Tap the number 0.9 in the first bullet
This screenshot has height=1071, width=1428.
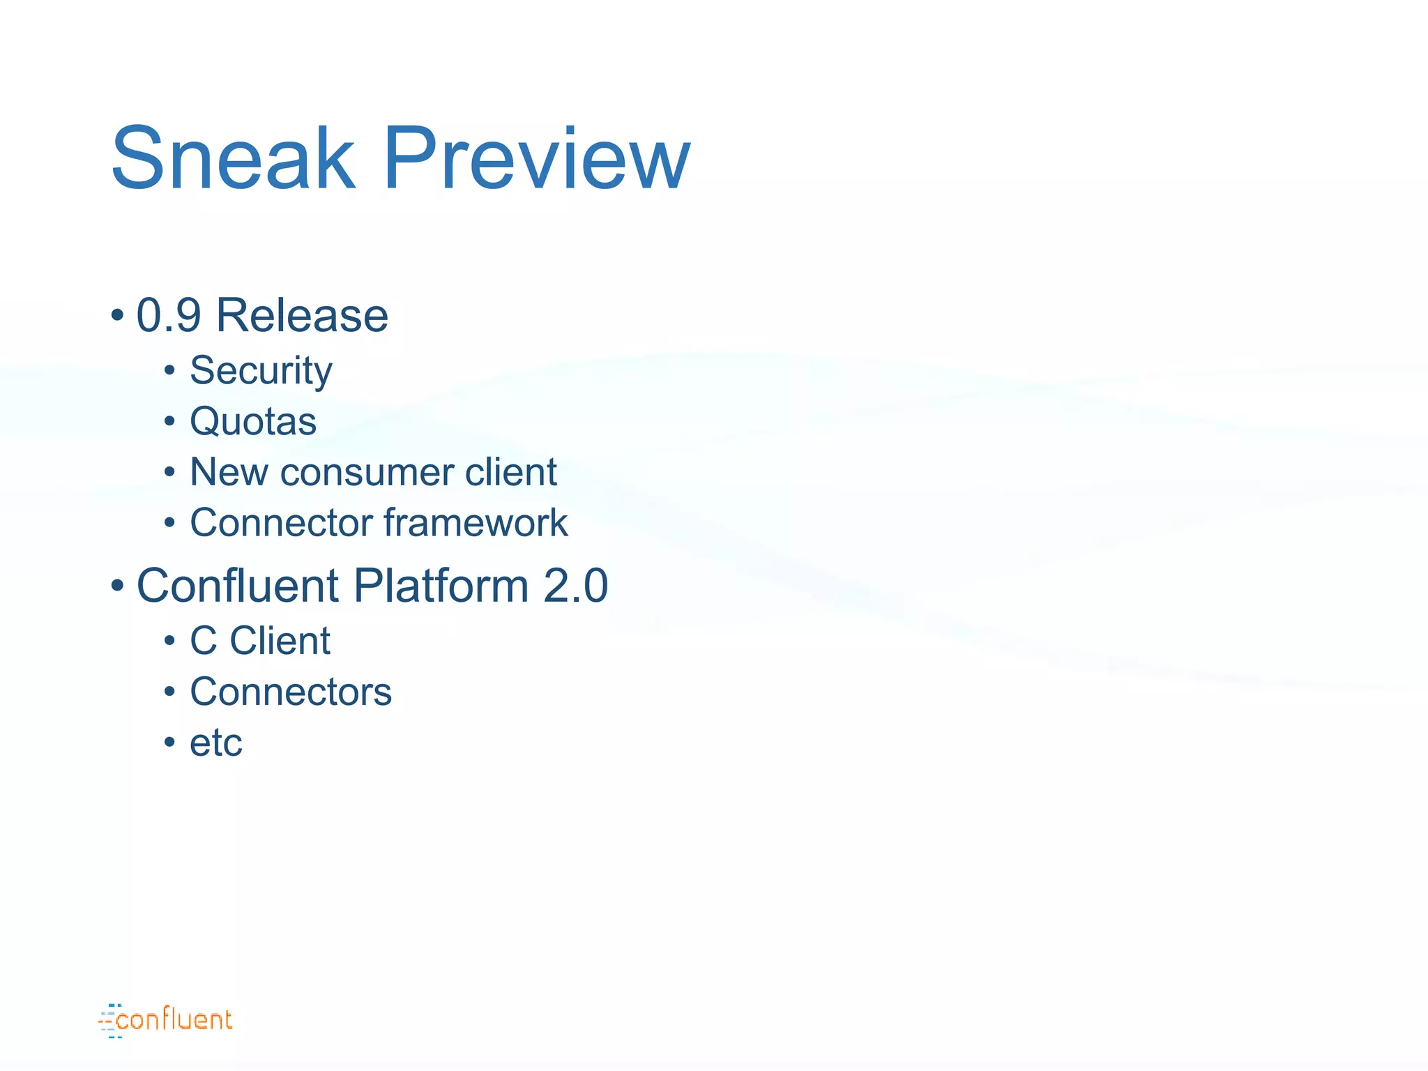(168, 315)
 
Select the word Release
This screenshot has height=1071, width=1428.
(302, 315)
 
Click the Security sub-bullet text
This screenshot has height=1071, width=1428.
(261, 370)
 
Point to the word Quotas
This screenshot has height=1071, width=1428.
(253, 421)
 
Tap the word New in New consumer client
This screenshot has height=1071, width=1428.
(228, 472)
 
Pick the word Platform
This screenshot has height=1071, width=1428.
(441, 585)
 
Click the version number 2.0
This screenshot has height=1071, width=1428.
(575, 585)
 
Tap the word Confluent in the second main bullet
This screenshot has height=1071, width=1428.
(237, 585)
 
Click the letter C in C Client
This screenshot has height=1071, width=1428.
(204, 640)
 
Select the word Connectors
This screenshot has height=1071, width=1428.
(291, 692)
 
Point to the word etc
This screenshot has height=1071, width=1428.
(216, 743)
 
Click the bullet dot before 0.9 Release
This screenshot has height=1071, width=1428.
(117, 315)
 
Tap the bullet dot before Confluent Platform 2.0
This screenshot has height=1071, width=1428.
(117, 585)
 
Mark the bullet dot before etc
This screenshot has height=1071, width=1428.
(169, 742)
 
